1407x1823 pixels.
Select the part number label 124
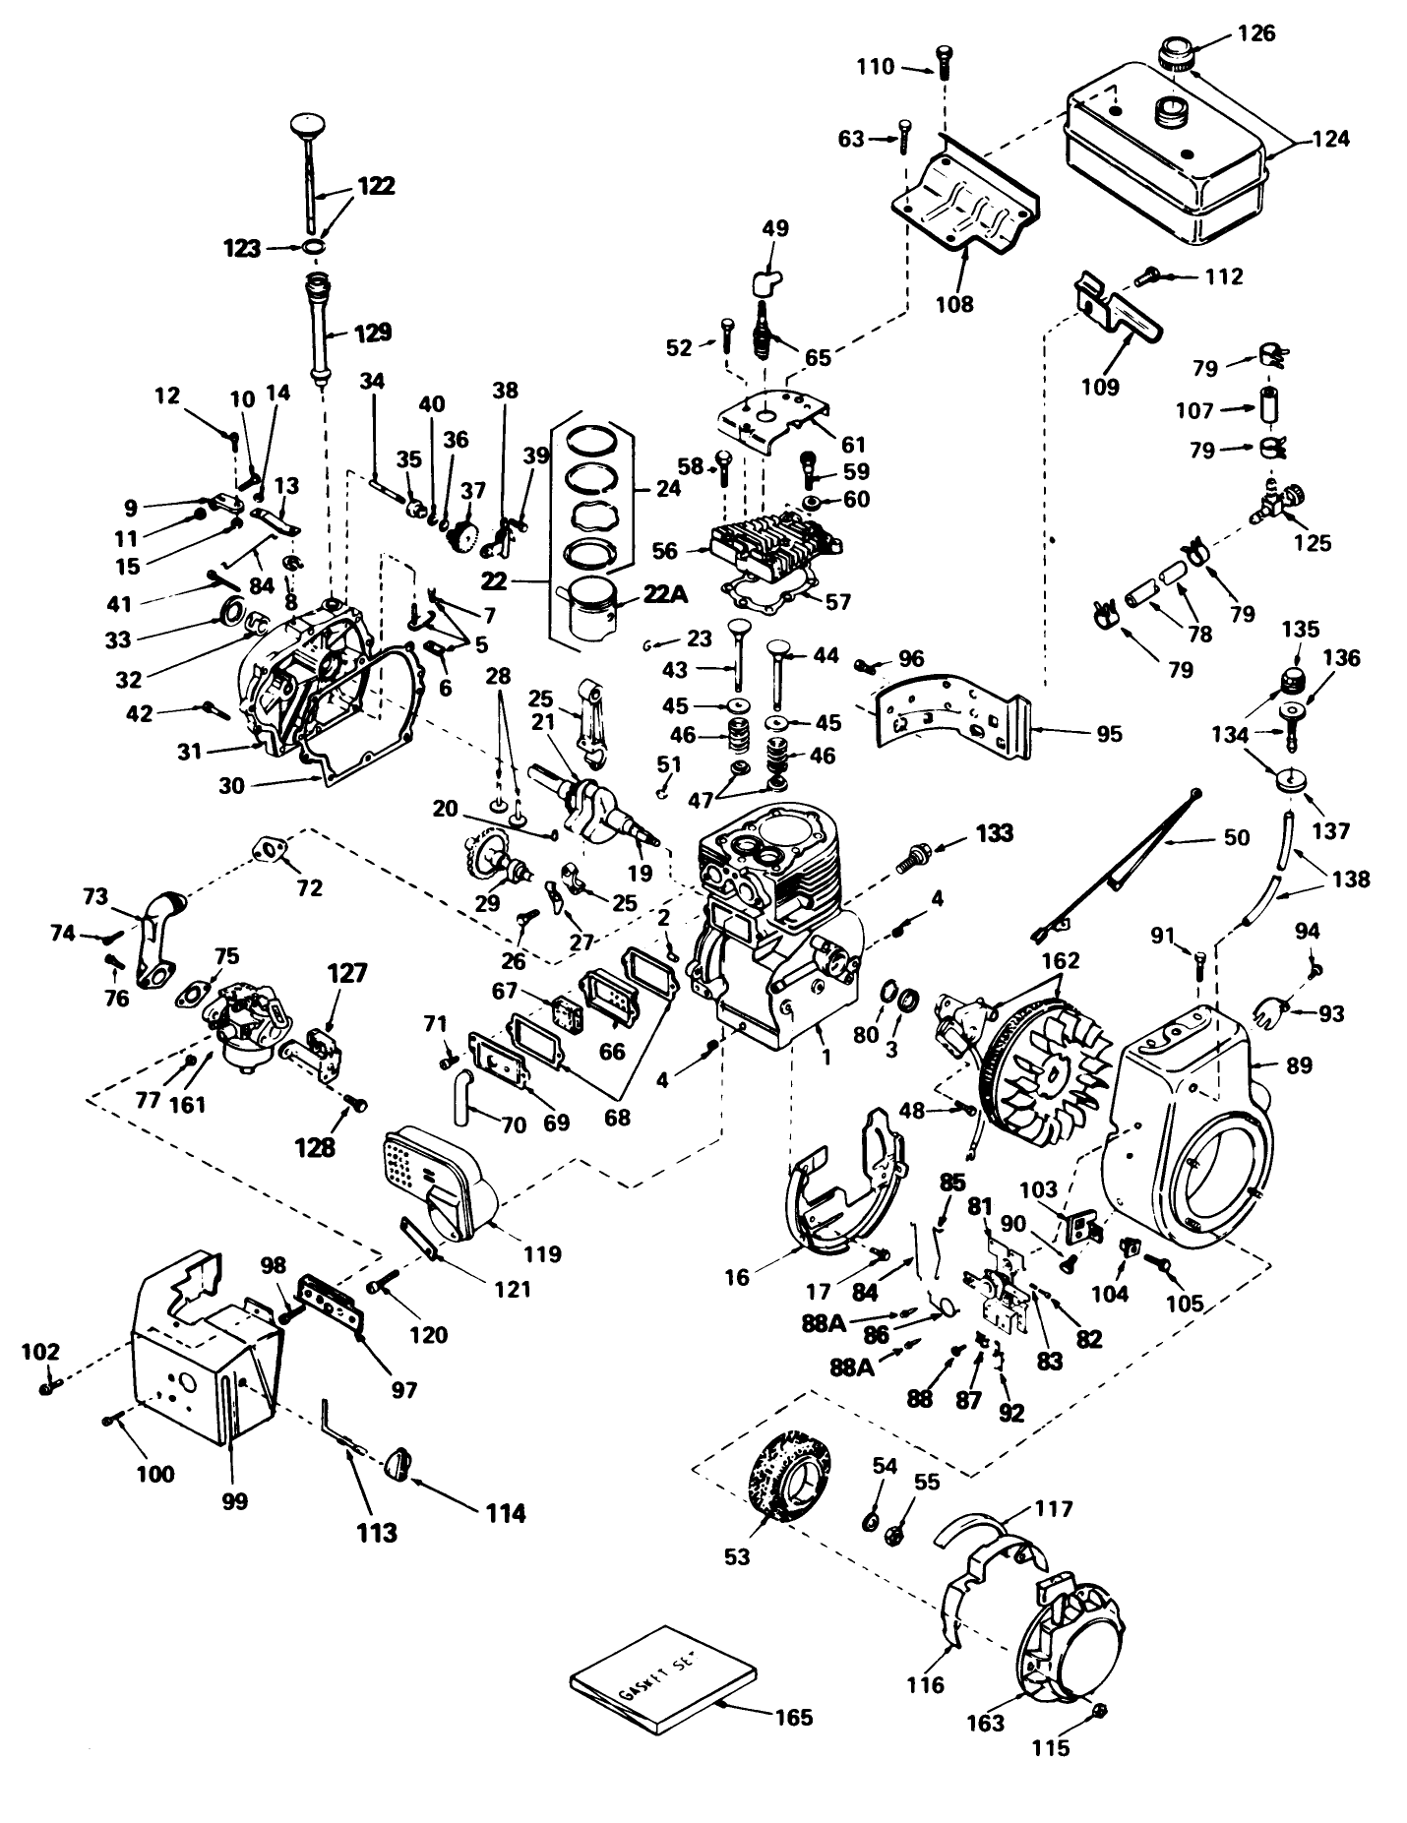tap(1331, 138)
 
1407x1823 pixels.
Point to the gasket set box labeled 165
tap(661, 1693)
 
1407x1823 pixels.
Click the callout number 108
tap(953, 303)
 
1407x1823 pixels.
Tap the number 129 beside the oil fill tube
tap(372, 333)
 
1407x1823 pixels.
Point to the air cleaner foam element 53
tap(788, 1479)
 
